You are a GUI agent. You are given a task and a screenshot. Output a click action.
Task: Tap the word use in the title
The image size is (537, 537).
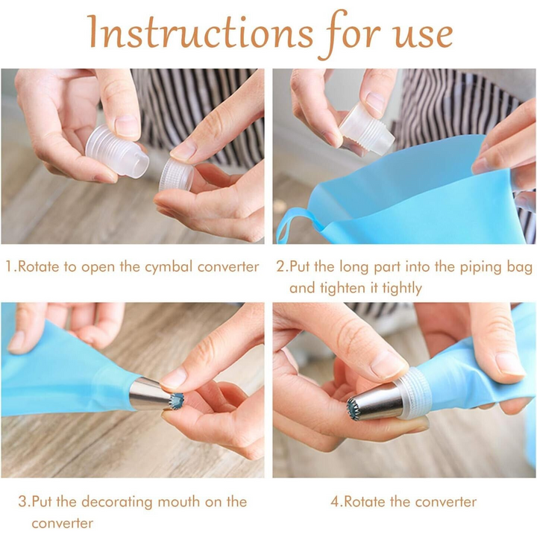coord(415,34)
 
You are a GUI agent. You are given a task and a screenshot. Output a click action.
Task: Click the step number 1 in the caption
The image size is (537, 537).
coord(9,266)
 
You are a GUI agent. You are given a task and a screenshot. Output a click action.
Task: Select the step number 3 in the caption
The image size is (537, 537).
coord(22,500)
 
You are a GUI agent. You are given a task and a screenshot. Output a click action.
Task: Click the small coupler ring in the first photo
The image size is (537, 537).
coord(175,176)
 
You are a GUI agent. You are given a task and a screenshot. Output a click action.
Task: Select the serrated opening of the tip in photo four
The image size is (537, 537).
coord(354,407)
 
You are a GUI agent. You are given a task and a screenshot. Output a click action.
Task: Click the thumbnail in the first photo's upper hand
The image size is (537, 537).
coord(126,125)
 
